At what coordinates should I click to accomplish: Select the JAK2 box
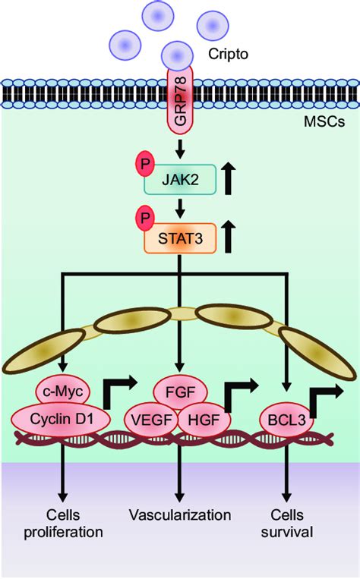[180, 179]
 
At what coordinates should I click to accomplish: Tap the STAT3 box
[180, 238]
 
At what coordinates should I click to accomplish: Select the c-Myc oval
[63, 392]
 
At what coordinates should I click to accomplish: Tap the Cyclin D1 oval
[61, 420]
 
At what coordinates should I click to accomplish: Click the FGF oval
[180, 392]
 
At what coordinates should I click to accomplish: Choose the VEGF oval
[152, 420]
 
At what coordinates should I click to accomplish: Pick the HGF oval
[204, 420]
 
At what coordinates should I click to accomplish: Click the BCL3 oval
[287, 420]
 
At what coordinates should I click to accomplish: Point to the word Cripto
[228, 54]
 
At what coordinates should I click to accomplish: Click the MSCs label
[324, 121]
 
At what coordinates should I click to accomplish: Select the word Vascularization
[180, 514]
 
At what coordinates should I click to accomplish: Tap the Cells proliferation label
[63, 524]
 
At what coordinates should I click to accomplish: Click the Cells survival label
[287, 524]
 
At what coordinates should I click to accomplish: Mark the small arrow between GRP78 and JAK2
[180, 148]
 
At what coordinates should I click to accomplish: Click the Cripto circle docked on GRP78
[178, 55]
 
